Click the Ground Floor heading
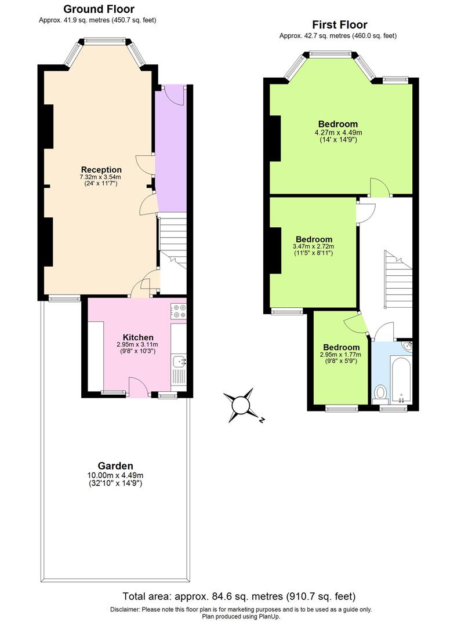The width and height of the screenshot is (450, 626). pyautogui.click(x=99, y=9)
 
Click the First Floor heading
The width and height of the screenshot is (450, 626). pyautogui.click(x=339, y=25)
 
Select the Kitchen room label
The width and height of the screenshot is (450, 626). pyautogui.click(x=138, y=337)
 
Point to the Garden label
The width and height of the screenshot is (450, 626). pyautogui.click(x=115, y=466)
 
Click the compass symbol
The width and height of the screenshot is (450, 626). pyautogui.click(x=240, y=404)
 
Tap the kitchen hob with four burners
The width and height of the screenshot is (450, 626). pyautogui.click(x=178, y=311)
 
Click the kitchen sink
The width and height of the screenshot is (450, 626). pyautogui.click(x=179, y=362)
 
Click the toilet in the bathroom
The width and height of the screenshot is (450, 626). pyautogui.click(x=381, y=394)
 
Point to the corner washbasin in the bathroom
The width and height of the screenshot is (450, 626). pyautogui.click(x=407, y=346)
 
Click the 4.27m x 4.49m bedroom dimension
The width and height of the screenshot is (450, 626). pyautogui.click(x=338, y=133)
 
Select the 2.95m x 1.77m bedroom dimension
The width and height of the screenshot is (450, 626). pyautogui.click(x=340, y=355)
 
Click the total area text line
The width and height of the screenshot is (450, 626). pyautogui.click(x=238, y=596)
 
